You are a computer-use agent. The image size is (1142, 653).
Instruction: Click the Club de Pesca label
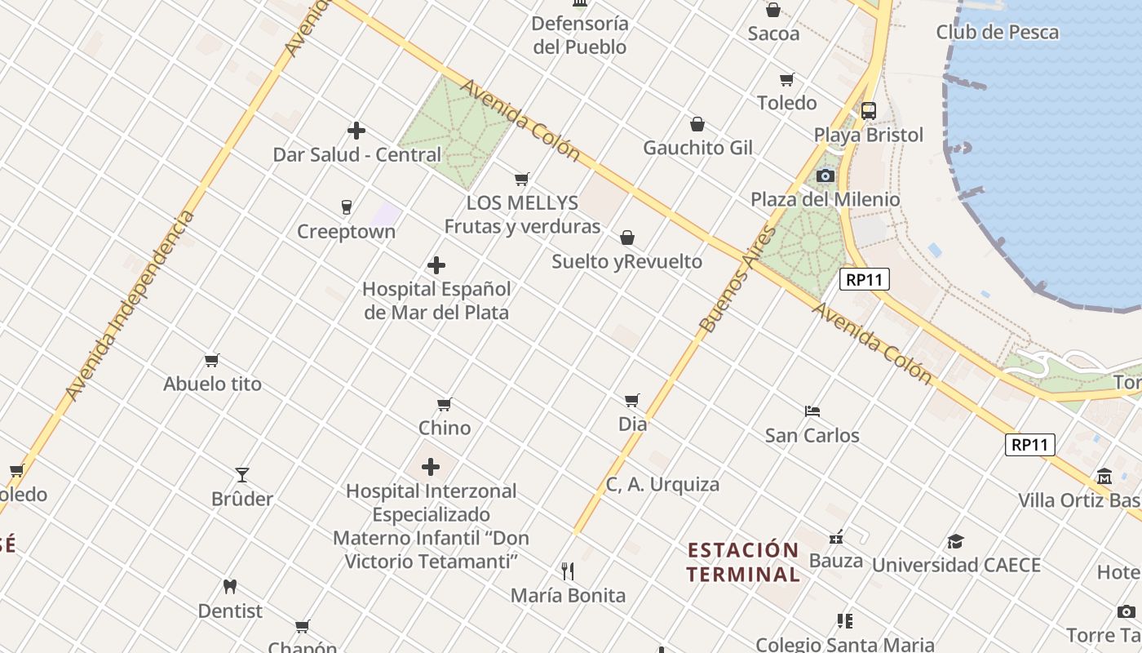[x=997, y=33]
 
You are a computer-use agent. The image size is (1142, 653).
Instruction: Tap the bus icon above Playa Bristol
[x=869, y=110]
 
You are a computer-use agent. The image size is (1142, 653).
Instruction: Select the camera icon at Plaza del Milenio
[x=826, y=175]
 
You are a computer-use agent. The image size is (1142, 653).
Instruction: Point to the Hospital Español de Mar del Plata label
[x=436, y=300]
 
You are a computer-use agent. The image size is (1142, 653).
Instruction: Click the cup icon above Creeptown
[x=347, y=207]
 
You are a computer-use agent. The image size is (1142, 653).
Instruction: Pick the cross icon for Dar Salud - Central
[x=356, y=131]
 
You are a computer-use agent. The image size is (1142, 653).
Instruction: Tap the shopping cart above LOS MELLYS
[x=522, y=179]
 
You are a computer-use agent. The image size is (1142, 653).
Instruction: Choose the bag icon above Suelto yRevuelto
[x=627, y=238]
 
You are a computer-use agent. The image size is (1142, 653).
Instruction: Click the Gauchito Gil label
[x=697, y=148]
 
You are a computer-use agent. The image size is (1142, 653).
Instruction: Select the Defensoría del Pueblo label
[x=580, y=35]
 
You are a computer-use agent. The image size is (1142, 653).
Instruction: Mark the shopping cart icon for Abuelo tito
[x=212, y=360]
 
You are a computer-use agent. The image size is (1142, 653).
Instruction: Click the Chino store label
[x=445, y=428]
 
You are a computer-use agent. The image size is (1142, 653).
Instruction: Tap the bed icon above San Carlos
[x=812, y=411]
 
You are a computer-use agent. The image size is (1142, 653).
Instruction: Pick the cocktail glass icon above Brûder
[x=242, y=474]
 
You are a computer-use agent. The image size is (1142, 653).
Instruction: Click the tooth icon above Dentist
[x=230, y=586]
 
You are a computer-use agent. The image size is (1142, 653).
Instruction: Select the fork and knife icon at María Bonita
[x=568, y=571]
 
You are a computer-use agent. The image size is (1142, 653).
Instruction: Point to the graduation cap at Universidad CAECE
[x=955, y=541]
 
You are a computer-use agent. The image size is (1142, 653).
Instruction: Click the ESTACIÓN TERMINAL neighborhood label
[x=742, y=562]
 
